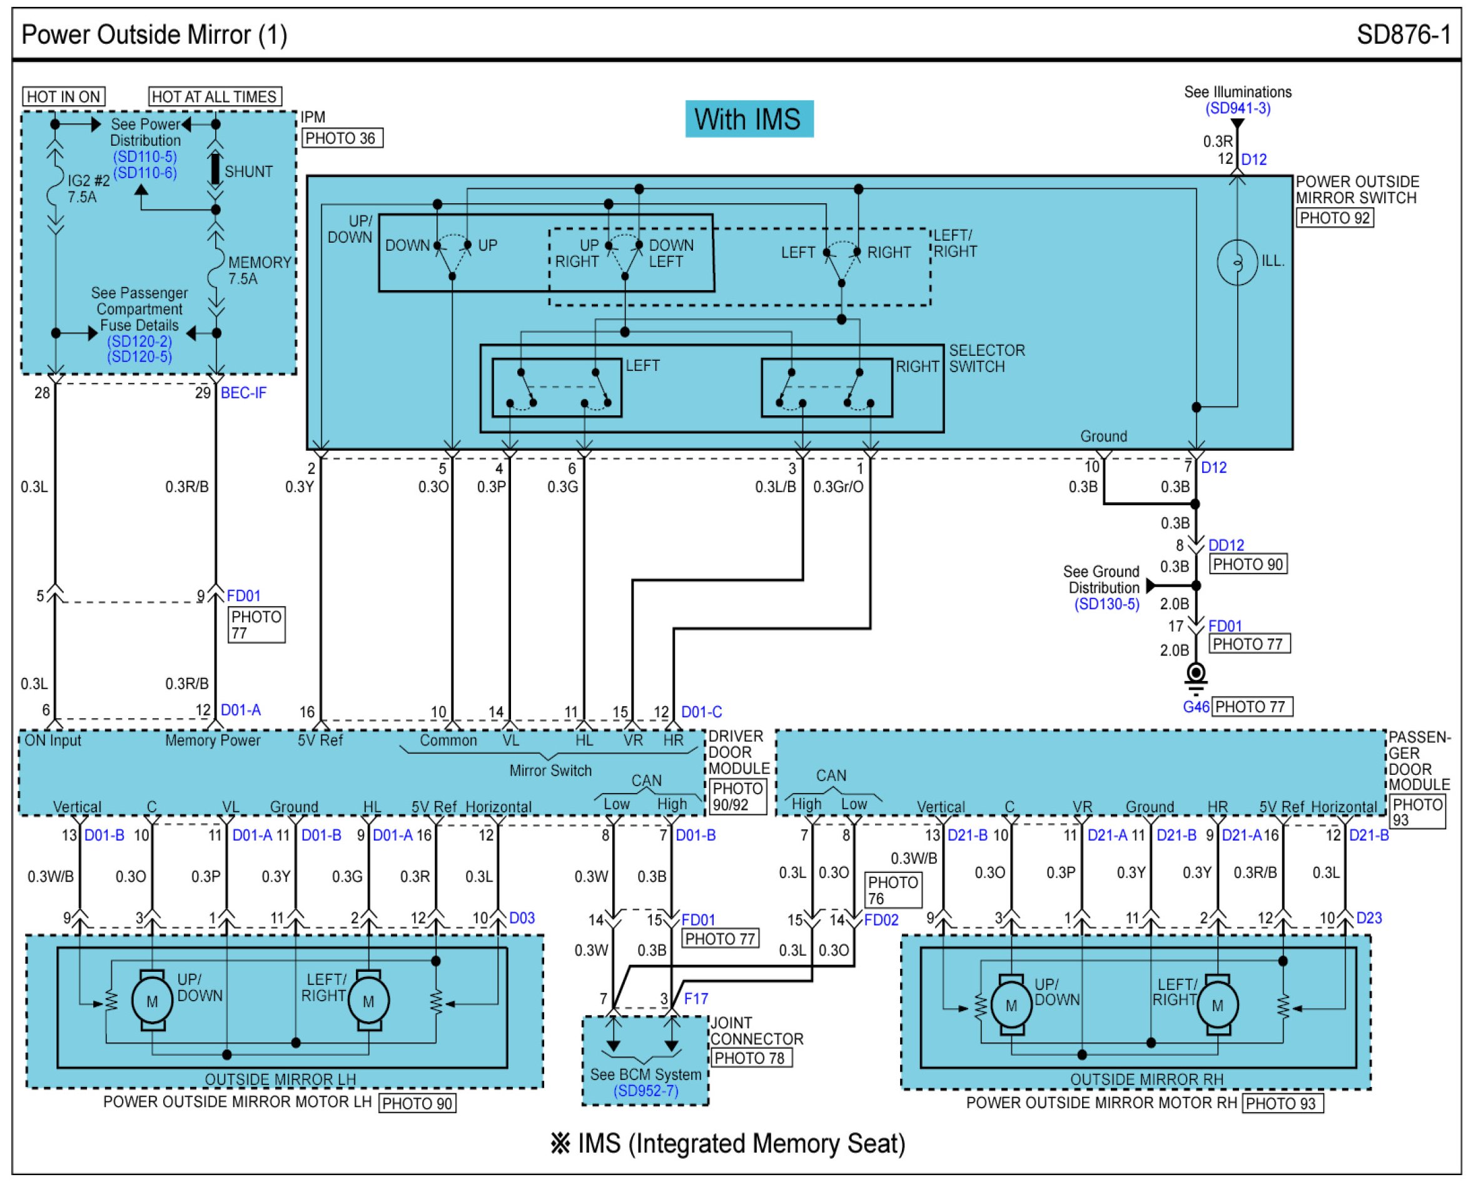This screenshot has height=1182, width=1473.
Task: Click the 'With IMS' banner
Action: click(749, 119)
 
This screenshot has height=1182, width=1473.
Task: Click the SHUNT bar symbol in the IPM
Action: click(215, 169)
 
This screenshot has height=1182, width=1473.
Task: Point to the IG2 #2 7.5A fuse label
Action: click(89, 189)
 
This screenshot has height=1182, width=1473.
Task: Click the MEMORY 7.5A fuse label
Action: click(260, 271)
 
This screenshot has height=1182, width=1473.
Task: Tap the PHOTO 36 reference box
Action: click(342, 138)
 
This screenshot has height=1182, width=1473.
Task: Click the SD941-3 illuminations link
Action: click(1237, 108)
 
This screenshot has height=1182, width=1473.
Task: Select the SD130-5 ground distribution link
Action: click(1107, 604)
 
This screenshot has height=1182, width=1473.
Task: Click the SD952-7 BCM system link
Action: click(645, 1091)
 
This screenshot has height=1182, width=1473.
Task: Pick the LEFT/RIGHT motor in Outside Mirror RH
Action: click(1217, 1004)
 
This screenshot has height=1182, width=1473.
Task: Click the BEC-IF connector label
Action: click(243, 393)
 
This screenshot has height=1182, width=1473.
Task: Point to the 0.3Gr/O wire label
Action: click(838, 487)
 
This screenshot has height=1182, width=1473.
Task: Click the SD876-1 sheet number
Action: click(1404, 35)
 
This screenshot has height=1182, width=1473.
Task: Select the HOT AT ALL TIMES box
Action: click(215, 96)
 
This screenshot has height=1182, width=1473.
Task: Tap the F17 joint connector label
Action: click(696, 998)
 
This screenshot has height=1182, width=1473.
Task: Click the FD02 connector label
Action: click(881, 919)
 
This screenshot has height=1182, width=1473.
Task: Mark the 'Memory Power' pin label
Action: click(213, 740)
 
